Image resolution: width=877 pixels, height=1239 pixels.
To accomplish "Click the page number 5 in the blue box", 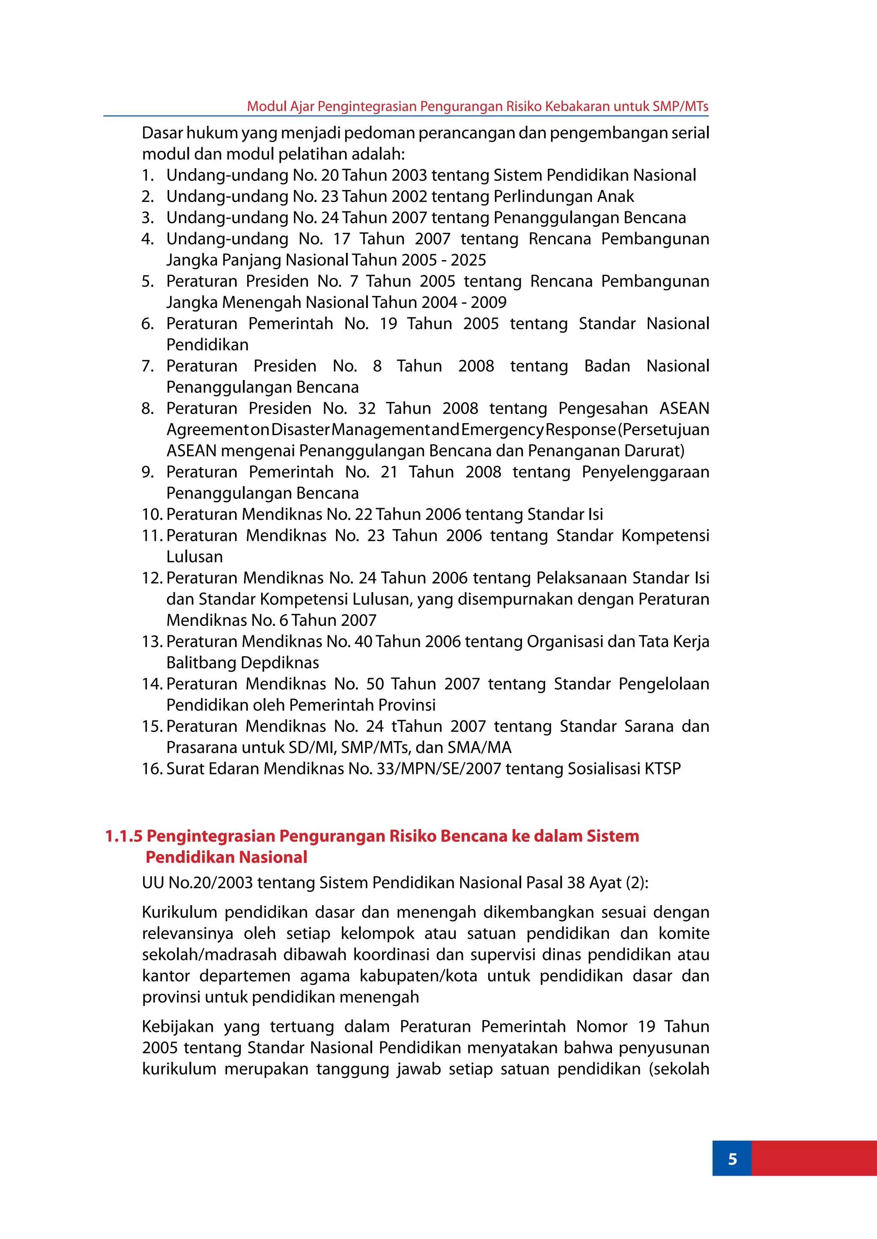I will (732, 1159).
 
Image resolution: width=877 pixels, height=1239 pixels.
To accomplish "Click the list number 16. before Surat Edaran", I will (152, 768).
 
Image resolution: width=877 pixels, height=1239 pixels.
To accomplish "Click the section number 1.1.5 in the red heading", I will (124, 836).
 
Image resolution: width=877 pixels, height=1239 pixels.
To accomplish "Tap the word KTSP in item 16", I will (662, 768).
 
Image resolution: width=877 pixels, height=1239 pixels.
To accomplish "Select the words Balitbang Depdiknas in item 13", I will (242, 663).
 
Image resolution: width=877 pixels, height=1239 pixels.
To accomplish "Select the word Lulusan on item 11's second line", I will (194, 557).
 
